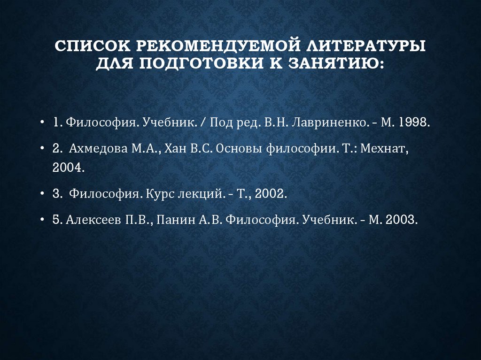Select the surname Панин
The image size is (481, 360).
pyautogui.click(x=171, y=220)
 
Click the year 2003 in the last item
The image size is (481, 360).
pyautogui.click(x=400, y=220)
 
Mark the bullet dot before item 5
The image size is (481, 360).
pyautogui.click(x=43, y=220)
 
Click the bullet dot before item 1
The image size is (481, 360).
pyautogui.click(x=43, y=123)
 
